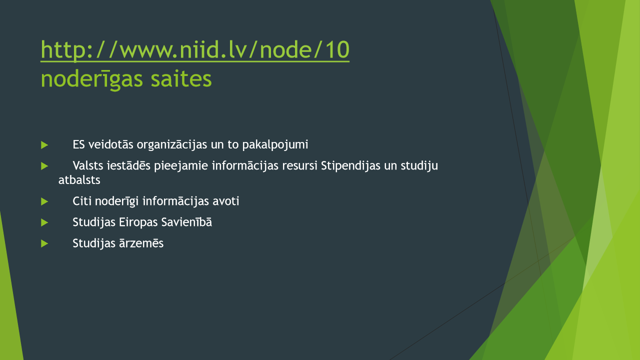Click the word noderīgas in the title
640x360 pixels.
(91, 79)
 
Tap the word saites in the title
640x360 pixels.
(181, 78)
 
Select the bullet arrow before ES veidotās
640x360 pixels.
(44, 145)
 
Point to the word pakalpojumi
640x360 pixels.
(275, 145)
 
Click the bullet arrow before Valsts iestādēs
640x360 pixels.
(44, 166)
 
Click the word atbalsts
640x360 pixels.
(79, 180)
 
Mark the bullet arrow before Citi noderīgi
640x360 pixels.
(44, 201)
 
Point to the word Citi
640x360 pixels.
(82, 201)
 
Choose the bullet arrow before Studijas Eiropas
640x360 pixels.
(44, 222)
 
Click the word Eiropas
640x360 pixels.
(138, 222)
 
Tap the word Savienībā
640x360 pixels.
(186, 222)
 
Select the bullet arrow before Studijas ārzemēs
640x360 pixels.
(44, 243)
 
